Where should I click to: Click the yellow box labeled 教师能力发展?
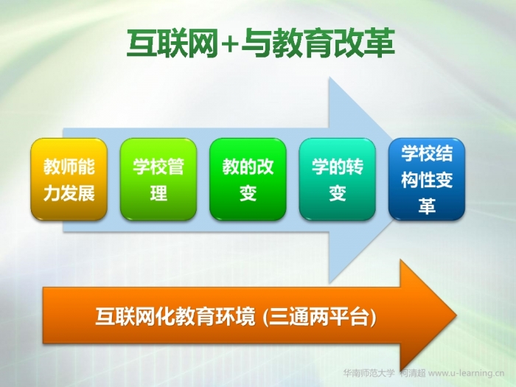69,179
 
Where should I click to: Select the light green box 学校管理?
158,179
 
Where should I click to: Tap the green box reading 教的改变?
248,179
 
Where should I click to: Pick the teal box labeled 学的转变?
338,179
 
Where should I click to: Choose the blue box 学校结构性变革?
427,179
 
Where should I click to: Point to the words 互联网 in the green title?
172,43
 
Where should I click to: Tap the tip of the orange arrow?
456,315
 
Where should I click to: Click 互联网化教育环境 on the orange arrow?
175,316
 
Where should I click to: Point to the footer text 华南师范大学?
369,373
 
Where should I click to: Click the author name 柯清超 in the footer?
412,373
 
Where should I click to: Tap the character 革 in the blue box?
427,206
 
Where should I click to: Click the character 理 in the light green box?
158,193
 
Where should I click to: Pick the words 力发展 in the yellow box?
69,193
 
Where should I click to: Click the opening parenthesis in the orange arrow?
265,317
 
